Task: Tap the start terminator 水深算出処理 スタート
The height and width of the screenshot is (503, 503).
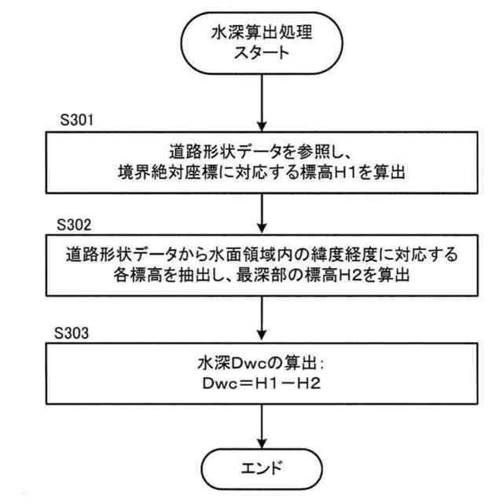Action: pos(261,45)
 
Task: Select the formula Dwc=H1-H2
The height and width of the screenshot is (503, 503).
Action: pos(263,387)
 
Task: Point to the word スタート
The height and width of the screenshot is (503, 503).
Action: pos(261,55)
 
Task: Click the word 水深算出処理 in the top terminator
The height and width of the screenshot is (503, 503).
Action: pos(261,35)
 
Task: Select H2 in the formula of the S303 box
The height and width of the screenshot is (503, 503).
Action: pos(303,387)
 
